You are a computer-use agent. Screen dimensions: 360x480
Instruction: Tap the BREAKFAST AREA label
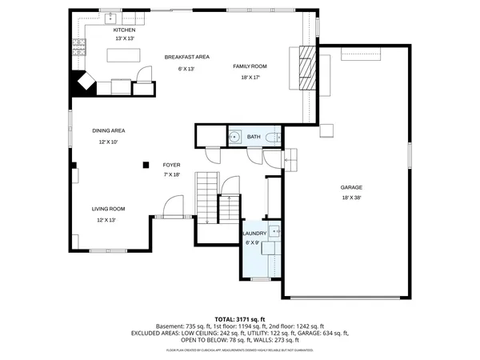(186, 57)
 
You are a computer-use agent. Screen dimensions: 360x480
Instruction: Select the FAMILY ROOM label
(249, 66)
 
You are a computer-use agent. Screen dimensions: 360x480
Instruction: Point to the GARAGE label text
(351, 186)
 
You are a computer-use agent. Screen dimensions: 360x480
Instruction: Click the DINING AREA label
(108, 130)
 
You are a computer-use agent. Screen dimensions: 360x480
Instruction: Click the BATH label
(254, 138)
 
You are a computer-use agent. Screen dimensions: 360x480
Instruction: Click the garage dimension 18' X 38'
(351, 198)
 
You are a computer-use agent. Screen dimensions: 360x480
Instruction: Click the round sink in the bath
(235, 138)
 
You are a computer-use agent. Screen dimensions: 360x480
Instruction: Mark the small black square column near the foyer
(145, 165)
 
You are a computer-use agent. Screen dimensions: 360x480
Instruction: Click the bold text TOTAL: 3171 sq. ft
(240, 318)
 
